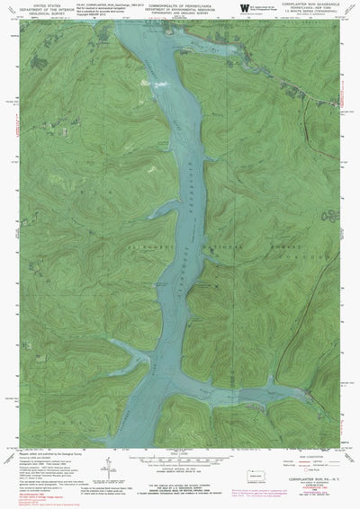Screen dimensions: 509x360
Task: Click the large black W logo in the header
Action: click(246, 7)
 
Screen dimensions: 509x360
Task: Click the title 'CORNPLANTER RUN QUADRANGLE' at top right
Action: click(315, 4)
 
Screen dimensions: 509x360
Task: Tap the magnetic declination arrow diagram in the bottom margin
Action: click(106, 465)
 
